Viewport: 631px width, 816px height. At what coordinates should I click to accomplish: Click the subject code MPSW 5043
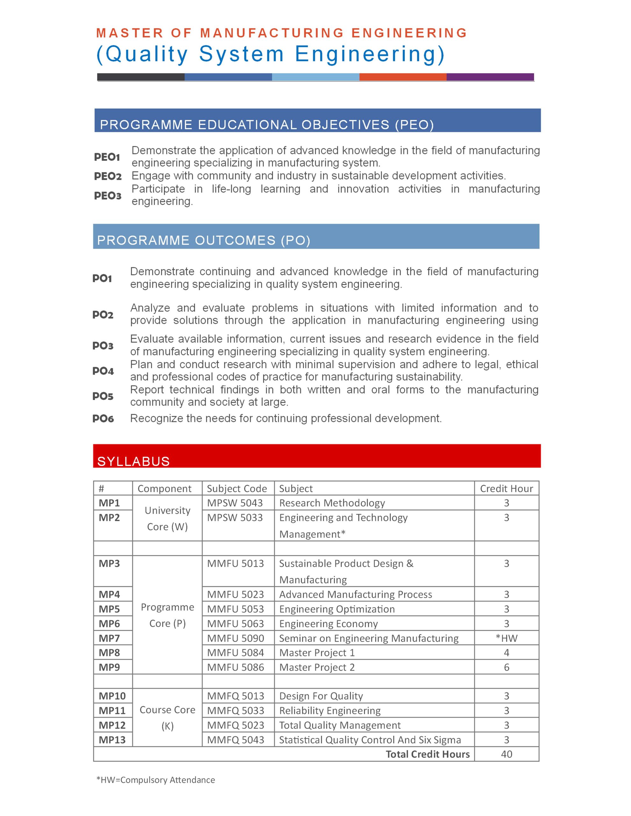[x=235, y=503]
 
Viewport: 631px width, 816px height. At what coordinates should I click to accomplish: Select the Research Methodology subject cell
[x=332, y=503]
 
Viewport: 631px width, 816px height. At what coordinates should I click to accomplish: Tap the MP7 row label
[x=109, y=638]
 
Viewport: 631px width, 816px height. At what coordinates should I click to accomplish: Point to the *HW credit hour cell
[x=506, y=638]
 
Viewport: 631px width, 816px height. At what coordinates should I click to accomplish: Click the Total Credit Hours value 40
[x=506, y=754]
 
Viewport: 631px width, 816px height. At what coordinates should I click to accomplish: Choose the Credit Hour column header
[x=506, y=488]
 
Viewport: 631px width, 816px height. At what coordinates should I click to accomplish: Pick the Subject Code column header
[x=237, y=488]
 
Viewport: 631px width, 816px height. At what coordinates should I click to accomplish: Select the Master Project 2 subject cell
[x=317, y=667]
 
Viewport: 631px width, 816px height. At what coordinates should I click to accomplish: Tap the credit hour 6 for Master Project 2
[x=506, y=667]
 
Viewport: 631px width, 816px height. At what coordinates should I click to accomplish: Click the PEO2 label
[x=108, y=176]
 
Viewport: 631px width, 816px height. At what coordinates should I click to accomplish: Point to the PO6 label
[x=103, y=419]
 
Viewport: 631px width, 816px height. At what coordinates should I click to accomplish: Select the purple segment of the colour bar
[x=490, y=77]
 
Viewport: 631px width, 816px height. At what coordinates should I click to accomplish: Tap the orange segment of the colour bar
[x=403, y=77]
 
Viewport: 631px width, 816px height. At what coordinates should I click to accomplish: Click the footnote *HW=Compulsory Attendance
[x=156, y=780]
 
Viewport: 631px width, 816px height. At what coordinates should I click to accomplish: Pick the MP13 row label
[x=112, y=740]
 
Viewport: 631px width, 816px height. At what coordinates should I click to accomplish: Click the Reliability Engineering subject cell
[x=330, y=710]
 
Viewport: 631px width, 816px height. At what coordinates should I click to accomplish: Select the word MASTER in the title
[x=130, y=33]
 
